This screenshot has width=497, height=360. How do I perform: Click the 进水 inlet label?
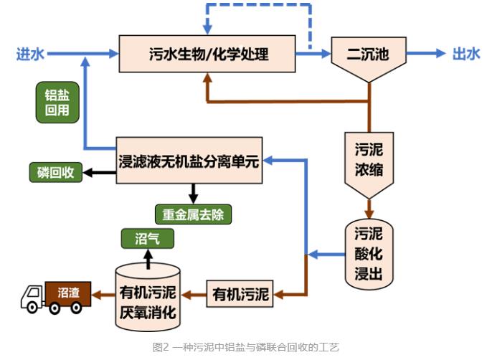pos(31,54)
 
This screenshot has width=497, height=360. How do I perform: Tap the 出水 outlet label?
pos(466,54)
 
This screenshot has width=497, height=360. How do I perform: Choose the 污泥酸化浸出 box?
pos(368,255)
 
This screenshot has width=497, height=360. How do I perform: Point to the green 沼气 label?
pos(146,238)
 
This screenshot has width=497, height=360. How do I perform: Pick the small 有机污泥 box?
pos(240,293)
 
